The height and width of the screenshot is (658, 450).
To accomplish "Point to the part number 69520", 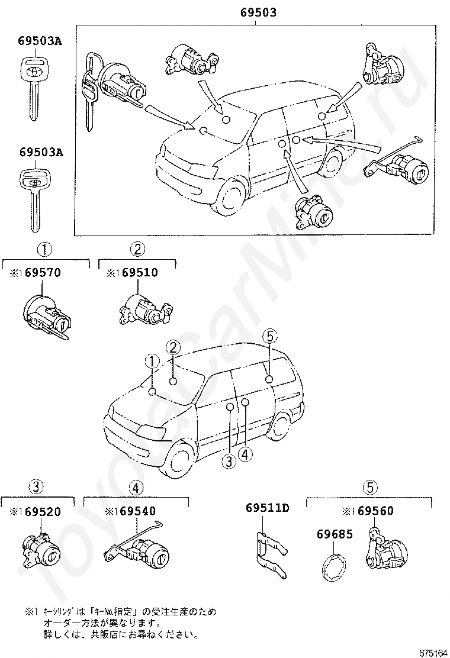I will click(x=41, y=512).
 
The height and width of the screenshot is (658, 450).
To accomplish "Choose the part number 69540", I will click(x=137, y=512).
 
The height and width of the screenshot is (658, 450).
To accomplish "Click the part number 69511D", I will click(x=267, y=507).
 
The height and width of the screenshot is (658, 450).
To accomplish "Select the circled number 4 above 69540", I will click(x=136, y=488).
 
